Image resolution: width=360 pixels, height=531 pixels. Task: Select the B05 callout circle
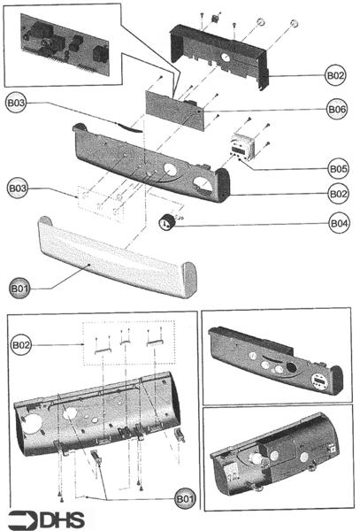[x=336, y=167]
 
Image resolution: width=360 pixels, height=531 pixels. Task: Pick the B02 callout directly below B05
[x=336, y=193]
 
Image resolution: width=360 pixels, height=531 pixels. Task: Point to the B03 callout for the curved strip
[x=19, y=104]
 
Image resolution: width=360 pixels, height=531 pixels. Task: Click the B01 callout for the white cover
[x=20, y=288]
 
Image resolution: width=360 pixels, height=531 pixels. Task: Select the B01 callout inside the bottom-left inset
[x=185, y=500]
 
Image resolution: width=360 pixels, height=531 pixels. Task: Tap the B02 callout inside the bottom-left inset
[x=22, y=342]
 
